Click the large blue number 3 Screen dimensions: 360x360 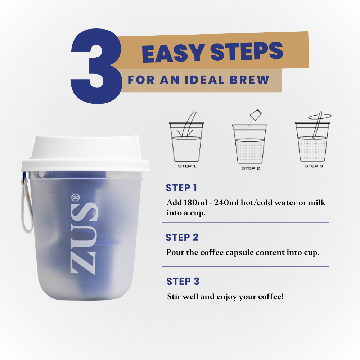[x=96, y=66]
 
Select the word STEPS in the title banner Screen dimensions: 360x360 [x=247, y=51]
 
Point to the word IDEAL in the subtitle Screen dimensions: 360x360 [x=204, y=80]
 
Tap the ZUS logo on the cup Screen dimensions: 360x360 [x=84, y=238]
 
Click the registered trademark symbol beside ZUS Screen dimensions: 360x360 [x=75, y=198]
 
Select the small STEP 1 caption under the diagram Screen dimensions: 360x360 [x=187, y=166]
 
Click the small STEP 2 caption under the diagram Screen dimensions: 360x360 [x=251, y=168]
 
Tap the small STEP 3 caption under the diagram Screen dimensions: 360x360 [x=314, y=166]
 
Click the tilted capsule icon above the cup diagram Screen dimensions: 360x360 [x=256, y=115]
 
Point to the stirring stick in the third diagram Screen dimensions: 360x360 [x=317, y=125]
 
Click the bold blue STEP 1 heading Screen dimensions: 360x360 [x=181, y=188]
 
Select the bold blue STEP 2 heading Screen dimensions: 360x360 [x=182, y=237]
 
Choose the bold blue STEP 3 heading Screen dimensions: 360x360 [x=183, y=281]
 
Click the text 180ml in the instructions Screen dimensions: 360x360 [x=195, y=202]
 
